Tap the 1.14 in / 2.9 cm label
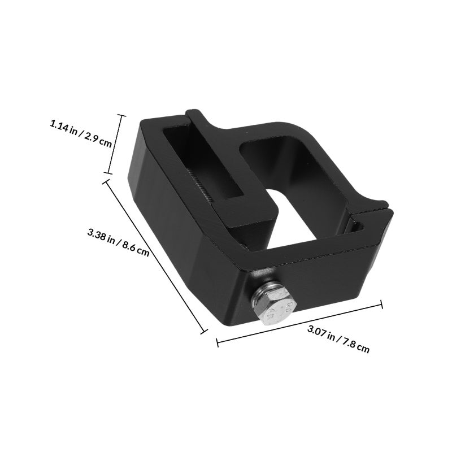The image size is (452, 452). point(81,134)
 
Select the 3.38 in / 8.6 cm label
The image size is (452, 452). point(118,242)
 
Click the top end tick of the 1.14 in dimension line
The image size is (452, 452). point(121,115)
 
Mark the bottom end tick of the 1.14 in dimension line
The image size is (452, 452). point(108,173)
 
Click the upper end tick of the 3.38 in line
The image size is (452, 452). point(106,181)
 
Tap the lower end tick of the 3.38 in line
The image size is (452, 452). point(204,332)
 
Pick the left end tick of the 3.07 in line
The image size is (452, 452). point(218,342)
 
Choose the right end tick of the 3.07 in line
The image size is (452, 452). point(382,305)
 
